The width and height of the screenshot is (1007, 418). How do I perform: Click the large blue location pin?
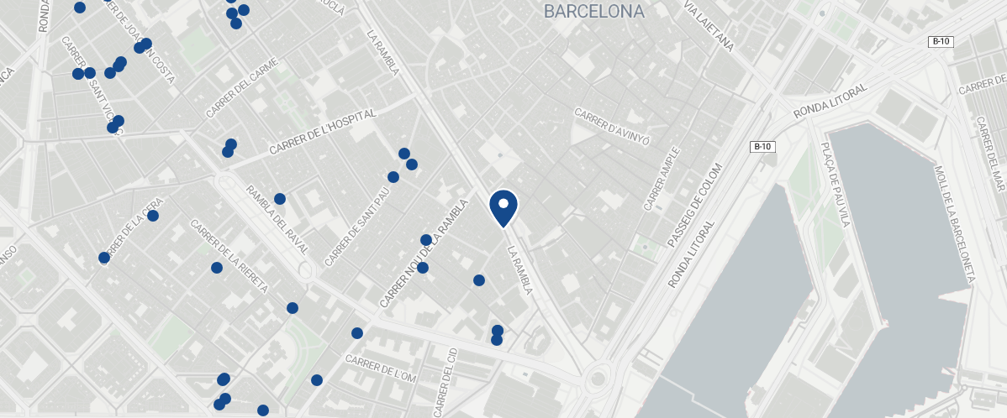503,207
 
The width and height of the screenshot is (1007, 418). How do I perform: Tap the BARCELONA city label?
593,12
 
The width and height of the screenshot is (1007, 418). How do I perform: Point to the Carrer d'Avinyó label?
612,126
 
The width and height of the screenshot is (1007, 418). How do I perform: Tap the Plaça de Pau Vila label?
831,185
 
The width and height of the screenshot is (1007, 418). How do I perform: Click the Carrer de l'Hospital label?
322,133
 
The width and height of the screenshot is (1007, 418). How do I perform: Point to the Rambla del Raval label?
277,220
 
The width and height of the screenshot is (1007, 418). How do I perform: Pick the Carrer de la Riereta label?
229,256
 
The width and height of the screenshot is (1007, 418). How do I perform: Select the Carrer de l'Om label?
381,368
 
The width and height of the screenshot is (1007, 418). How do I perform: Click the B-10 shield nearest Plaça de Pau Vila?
762,147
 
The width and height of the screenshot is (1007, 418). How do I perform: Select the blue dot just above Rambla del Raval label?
280,199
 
